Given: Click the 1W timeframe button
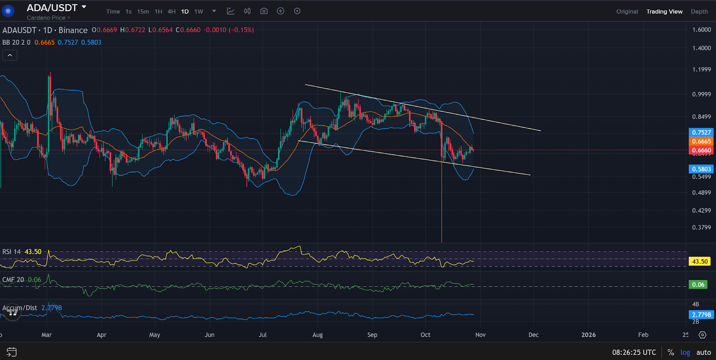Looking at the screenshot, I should [x=199, y=12].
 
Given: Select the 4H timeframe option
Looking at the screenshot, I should [x=171, y=12].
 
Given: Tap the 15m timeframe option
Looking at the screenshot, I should [x=143, y=12].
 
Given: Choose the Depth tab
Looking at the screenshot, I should [x=699, y=12].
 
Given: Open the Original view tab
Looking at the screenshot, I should [x=627, y=12].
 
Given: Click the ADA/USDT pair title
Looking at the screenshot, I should [x=52, y=8].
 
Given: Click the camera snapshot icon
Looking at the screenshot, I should [x=264, y=11].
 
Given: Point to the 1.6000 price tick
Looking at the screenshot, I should [x=701, y=30].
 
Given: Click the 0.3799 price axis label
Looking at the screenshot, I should [x=701, y=227].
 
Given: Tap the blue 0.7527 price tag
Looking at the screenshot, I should [x=701, y=133].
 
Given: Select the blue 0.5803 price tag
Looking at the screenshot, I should [x=701, y=169].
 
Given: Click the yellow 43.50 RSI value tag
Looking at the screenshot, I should [x=700, y=261].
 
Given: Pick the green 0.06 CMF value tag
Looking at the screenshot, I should [x=698, y=285].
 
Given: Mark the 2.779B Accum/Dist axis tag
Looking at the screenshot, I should [x=701, y=315].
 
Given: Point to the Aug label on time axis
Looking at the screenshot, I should [x=317, y=335].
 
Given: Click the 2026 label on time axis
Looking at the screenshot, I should [x=588, y=335].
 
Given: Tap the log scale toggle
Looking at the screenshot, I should [x=685, y=352].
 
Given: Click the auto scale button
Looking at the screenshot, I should [x=703, y=352].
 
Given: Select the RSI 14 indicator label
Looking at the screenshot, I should [x=12, y=252].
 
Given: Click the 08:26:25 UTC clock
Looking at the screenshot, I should [x=634, y=352].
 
